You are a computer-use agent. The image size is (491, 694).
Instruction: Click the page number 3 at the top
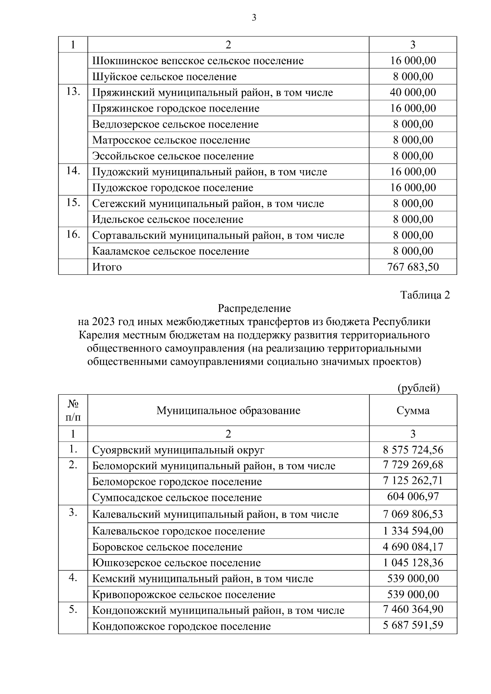click(254, 18)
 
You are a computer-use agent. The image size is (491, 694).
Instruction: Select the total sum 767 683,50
click(413, 267)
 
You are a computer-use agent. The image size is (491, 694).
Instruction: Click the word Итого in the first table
click(107, 267)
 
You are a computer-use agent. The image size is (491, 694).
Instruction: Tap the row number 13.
click(73, 92)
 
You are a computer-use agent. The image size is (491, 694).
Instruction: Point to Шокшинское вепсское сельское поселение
click(198, 61)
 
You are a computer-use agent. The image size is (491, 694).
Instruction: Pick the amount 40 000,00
click(413, 92)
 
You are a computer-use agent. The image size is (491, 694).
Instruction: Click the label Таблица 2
click(425, 295)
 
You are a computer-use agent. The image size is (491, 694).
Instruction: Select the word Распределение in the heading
click(254, 308)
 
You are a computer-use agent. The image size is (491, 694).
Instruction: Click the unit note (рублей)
click(419, 388)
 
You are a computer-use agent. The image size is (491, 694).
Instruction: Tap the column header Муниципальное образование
click(228, 411)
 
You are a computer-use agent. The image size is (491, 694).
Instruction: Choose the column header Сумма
click(413, 411)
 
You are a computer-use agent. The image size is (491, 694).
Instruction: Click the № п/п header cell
click(73, 411)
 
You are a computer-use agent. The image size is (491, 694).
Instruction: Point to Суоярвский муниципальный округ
click(178, 450)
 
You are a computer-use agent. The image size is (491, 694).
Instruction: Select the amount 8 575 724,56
click(413, 450)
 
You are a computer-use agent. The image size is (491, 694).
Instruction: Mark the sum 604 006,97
click(413, 496)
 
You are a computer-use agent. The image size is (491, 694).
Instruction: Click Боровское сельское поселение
click(167, 547)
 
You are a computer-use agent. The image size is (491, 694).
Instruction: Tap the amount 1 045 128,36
click(413, 563)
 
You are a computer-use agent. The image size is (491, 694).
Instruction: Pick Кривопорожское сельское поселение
click(184, 595)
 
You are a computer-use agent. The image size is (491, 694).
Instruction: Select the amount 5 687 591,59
click(413, 625)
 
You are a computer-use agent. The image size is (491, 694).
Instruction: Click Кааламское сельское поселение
click(171, 251)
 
